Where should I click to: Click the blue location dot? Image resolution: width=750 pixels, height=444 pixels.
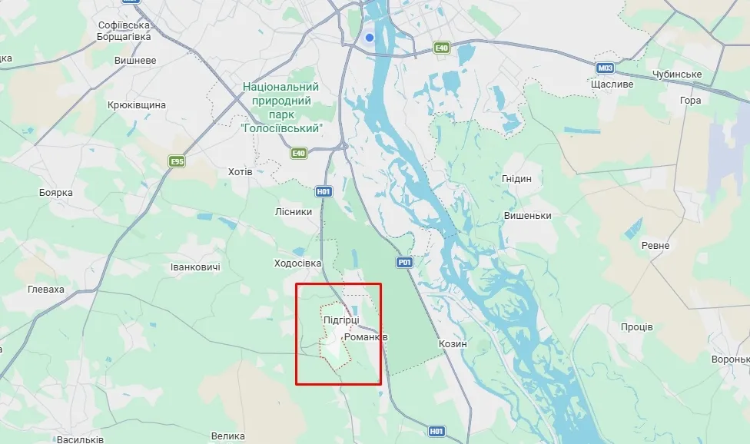click(x=370, y=37)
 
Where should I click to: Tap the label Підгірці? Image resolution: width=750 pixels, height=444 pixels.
click(x=340, y=320)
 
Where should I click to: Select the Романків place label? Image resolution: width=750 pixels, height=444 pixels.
click(x=366, y=337)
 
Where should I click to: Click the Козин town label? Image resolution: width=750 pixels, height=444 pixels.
click(x=452, y=343)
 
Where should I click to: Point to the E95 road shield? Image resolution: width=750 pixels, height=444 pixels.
click(x=178, y=161)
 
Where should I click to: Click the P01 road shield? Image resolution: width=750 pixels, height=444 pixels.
click(x=405, y=263)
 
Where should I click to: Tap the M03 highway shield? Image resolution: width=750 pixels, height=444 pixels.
click(x=605, y=68)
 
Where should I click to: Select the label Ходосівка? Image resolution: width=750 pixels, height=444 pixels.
click(x=297, y=263)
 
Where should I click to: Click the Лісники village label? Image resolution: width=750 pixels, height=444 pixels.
click(x=294, y=212)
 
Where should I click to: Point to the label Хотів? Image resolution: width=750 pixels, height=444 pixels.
click(x=240, y=171)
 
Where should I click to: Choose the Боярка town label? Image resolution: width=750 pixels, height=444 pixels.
click(x=55, y=193)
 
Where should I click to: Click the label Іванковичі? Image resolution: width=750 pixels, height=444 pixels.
click(x=195, y=267)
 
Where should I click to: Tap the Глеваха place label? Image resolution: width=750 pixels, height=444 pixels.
click(x=45, y=290)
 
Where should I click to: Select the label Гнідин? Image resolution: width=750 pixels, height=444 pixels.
click(x=516, y=179)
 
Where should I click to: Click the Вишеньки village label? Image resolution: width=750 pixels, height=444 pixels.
click(x=528, y=216)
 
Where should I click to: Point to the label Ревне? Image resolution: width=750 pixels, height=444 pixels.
click(x=655, y=246)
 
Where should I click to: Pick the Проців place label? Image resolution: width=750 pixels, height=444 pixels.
click(x=637, y=327)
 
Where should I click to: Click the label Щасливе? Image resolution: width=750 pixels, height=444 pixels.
click(x=612, y=84)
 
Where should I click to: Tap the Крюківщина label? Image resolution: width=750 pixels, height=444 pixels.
click(x=137, y=104)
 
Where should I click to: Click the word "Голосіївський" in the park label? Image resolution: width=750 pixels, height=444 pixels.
click(x=280, y=128)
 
